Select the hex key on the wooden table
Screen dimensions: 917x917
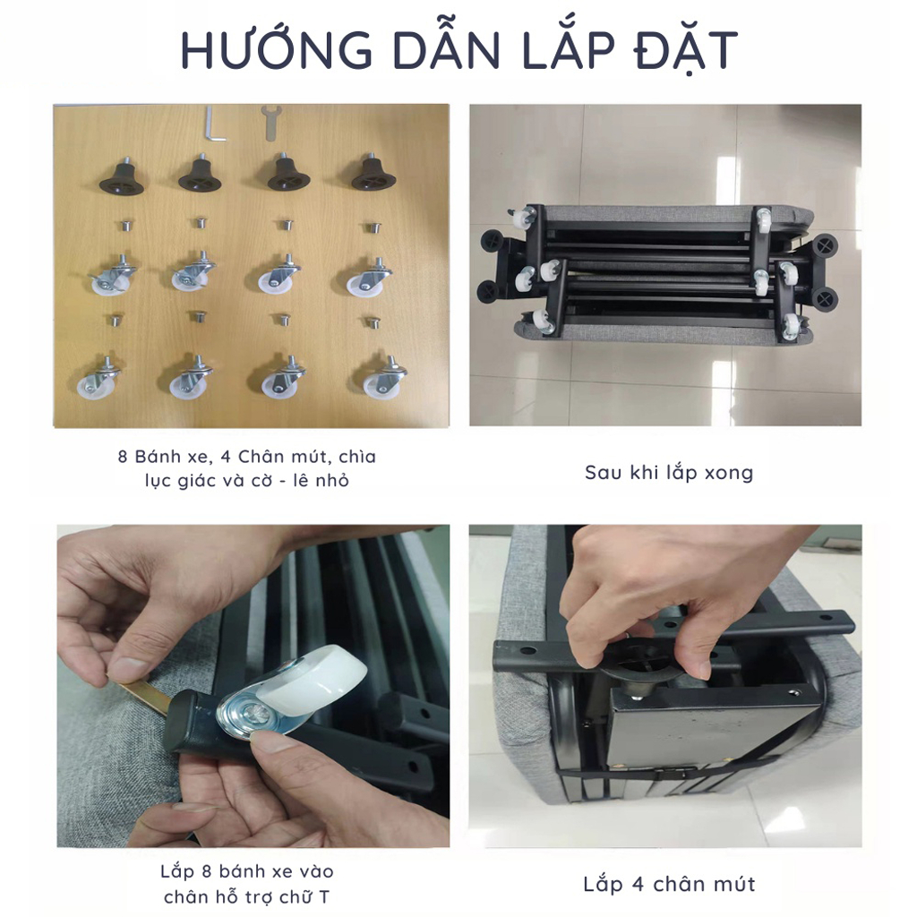214,124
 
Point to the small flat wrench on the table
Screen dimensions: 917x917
270,123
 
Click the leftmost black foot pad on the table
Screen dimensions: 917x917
122,176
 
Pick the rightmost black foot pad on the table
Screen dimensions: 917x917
373,173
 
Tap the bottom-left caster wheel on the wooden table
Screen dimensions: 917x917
97,379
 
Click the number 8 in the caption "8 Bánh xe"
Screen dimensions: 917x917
122,457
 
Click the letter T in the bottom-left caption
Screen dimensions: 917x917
324,896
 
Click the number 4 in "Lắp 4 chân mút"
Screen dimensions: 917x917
638,884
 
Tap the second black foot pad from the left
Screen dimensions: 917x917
200,173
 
